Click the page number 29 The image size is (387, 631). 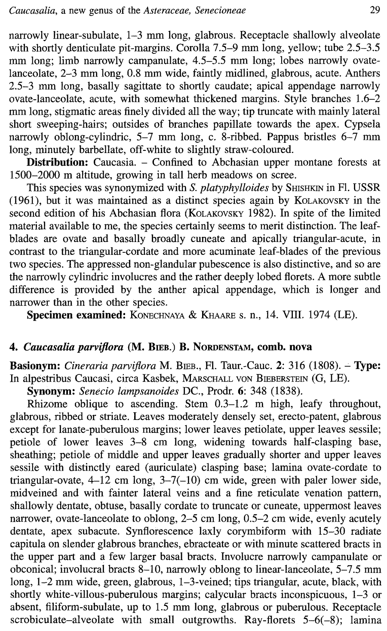pyautogui.click(x=375, y=9)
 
